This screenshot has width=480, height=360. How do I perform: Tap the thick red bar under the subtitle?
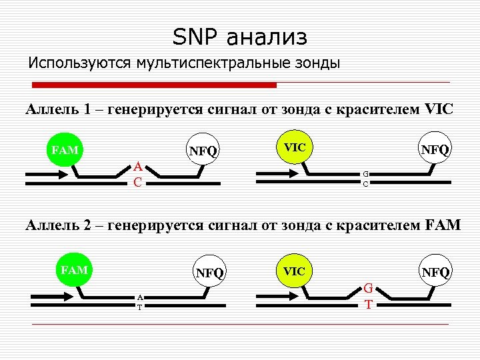click(x=155, y=85)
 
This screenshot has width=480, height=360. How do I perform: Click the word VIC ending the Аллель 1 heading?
click(x=438, y=109)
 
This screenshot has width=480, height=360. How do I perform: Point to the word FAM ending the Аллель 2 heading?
click(x=442, y=225)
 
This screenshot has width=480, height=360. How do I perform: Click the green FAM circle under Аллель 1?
click(x=65, y=149)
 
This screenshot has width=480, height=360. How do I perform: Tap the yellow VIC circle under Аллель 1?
click(x=294, y=146)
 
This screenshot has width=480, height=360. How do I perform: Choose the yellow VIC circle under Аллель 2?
click(x=294, y=271)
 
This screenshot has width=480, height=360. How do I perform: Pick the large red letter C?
click(x=136, y=181)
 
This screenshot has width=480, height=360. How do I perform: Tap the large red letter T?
click(x=368, y=305)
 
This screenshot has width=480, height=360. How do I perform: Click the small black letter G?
click(x=365, y=175)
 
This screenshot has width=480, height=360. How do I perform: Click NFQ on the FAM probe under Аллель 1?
click(x=203, y=151)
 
